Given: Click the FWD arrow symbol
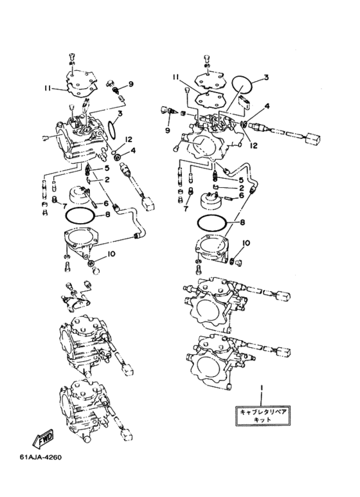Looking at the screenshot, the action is click(43, 439).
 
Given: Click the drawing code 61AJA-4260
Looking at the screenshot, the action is click(40, 457).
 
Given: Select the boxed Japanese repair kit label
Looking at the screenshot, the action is click(263, 415).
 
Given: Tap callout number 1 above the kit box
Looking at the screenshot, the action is click(262, 388).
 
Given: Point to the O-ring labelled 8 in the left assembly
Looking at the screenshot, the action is click(80, 217).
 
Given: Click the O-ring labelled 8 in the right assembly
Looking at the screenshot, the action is click(212, 224).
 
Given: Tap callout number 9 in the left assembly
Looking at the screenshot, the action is click(131, 84).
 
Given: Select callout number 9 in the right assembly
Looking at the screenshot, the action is click(167, 131).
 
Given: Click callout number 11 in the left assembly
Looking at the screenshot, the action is click(48, 89).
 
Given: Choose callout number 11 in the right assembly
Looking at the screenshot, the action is click(176, 77).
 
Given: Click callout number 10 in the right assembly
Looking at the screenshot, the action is click(246, 243).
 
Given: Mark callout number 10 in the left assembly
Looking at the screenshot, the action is click(111, 254).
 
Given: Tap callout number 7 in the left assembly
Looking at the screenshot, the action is click(64, 206).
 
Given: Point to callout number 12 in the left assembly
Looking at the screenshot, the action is click(129, 140).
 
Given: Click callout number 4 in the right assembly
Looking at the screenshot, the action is click(267, 106).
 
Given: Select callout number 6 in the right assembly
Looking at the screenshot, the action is click(242, 195).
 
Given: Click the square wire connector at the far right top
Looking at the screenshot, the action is click(312, 139).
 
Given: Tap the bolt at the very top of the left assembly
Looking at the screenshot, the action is click(71, 57).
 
